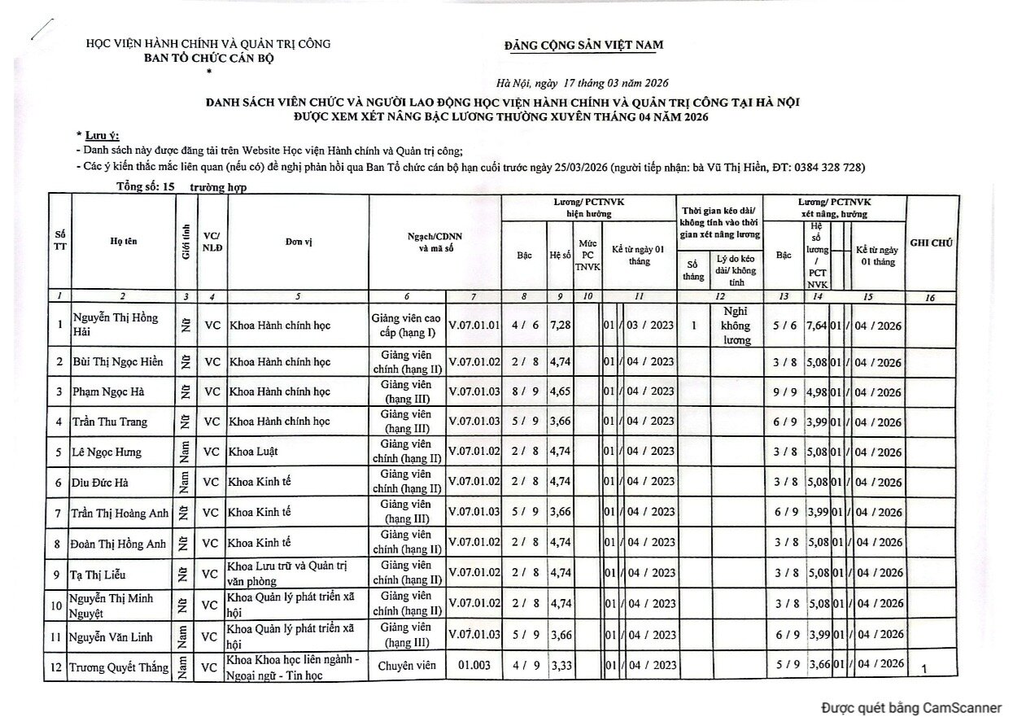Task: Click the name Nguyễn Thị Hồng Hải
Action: click(x=116, y=326)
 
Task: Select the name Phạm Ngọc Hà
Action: click(x=110, y=392)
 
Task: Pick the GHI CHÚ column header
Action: click(x=932, y=243)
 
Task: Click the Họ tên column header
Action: click(x=123, y=242)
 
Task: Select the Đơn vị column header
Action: click(x=299, y=243)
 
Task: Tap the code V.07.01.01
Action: click(x=474, y=326)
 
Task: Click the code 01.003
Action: click(x=474, y=666)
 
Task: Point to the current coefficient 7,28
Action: click(x=560, y=326)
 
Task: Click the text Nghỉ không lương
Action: click(x=738, y=326)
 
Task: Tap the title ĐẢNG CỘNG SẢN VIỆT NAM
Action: click(x=583, y=45)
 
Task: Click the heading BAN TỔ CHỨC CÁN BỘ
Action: click(x=209, y=58)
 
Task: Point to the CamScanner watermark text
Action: click(x=911, y=706)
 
